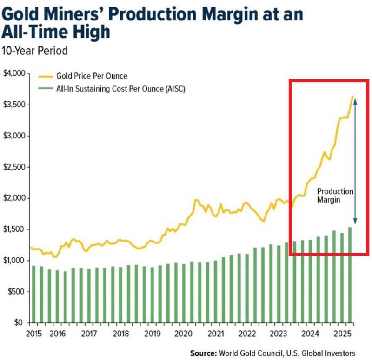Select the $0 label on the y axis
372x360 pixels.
(x=19, y=322)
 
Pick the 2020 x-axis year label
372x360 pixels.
(x=183, y=334)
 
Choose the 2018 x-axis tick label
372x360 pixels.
(x=120, y=334)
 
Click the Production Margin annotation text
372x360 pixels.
(x=335, y=195)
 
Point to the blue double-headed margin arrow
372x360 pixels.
(x=355, y=163)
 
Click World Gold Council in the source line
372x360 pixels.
(x=252, y=353)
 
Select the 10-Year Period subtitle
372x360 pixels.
(x=34, y=51)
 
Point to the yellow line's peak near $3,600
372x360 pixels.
(x=352, y=97)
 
